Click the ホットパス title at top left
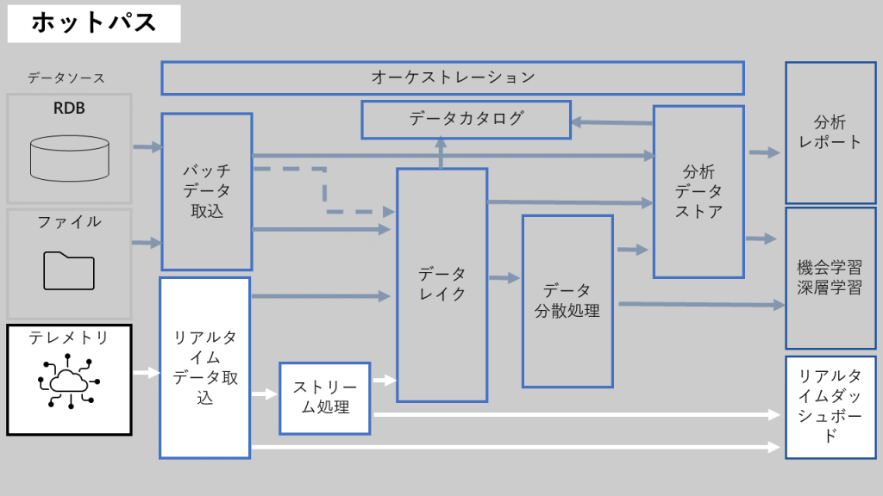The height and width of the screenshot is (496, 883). pos(94,23)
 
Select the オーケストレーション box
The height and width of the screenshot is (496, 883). pos(453,77)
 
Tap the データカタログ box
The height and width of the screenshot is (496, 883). pos(466,119)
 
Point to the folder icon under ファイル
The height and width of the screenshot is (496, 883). pos(69,270)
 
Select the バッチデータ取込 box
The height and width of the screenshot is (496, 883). pos(207,191)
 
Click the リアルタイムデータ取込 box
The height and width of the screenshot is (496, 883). pos(205,367)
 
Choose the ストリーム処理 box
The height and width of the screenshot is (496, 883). pos(325,397)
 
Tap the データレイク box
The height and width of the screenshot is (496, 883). pos(441,284)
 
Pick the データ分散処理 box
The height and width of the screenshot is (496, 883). pos(567,301)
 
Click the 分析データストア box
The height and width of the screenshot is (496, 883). pos(698,191)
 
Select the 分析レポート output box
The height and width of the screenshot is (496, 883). pos(830,133)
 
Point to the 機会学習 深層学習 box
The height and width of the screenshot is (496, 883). pos(830,277)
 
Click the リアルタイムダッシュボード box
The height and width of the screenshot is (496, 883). pos(830,406)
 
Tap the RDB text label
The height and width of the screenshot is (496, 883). pos(69,108)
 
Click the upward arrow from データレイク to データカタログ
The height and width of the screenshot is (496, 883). pos(441,153)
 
